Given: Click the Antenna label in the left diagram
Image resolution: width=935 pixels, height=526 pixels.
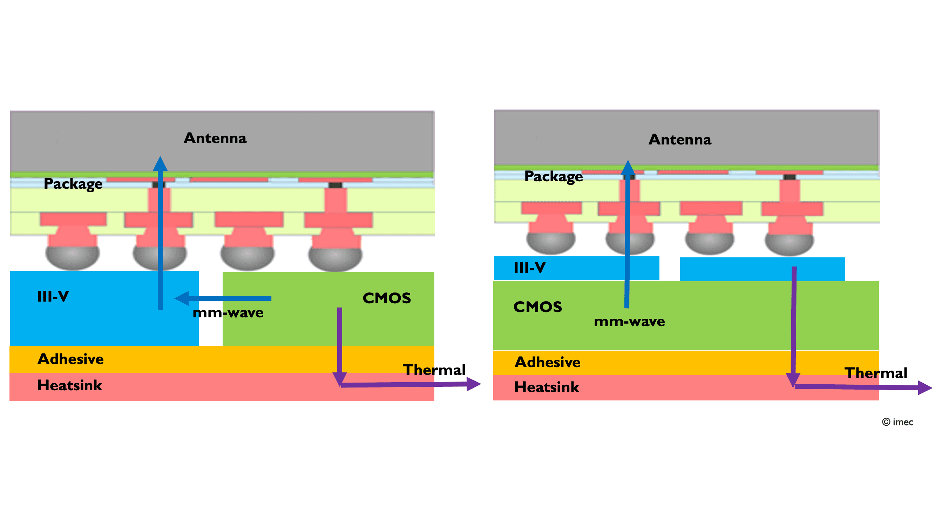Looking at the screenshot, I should [215, 138].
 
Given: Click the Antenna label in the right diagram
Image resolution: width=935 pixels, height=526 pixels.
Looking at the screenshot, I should [680, 140].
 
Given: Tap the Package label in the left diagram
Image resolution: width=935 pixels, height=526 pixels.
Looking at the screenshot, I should [73, 184].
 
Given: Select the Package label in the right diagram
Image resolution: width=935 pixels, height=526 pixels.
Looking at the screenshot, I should [554, 176].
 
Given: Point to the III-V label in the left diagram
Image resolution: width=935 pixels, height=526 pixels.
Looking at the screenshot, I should [53, 297].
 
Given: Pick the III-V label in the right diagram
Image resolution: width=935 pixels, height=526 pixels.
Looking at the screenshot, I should [530, 268].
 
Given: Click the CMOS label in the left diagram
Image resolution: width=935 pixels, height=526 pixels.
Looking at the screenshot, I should [387, 298].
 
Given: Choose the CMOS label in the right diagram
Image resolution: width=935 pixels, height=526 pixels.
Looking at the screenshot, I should [537, 307].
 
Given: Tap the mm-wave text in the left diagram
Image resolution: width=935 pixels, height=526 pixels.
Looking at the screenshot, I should [228, 313].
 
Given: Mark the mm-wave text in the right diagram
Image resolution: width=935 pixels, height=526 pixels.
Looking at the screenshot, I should [629, 322].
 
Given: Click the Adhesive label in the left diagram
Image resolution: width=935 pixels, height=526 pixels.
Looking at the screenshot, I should [70, 359].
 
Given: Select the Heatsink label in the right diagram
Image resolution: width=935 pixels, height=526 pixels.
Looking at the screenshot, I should [547, 387].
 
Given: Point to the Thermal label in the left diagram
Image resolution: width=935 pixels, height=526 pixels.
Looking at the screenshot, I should [434, 370].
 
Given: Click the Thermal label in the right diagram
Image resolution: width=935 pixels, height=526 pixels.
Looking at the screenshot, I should [876, 373].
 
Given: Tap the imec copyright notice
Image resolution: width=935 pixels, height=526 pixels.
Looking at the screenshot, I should [897, 422].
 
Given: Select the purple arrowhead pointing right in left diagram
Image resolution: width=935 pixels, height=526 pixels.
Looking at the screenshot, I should [473, 384].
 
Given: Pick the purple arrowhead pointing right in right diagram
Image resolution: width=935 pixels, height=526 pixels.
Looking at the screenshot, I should [924, 388].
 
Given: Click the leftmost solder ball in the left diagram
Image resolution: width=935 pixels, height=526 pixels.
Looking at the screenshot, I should [72, 257].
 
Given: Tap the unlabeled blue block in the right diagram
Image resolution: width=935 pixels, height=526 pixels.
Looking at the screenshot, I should [762, 269].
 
